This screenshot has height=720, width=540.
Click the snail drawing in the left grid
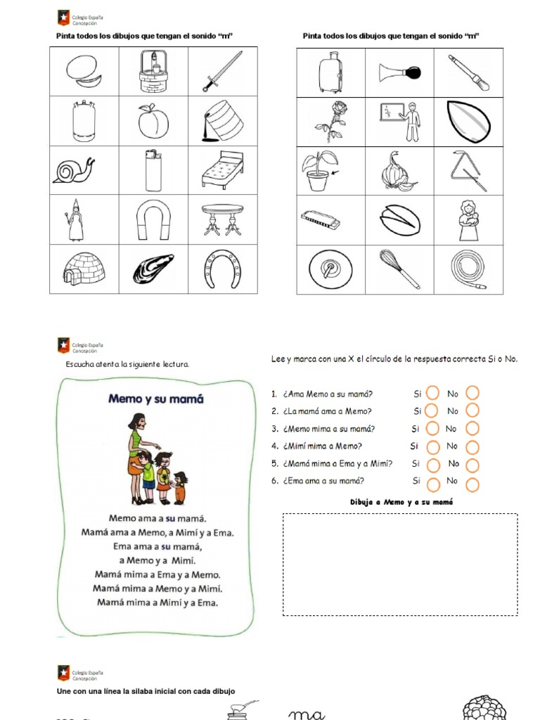point(73,170)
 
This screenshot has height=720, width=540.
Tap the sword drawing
point(222,71)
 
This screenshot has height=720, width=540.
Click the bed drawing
point(222,170)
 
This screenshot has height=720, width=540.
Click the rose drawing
point(330,122)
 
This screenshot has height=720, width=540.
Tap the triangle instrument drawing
point(468,171)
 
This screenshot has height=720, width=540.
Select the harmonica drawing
point(321,219)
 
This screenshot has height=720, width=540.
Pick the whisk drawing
point(399,269)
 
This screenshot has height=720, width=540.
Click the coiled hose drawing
point(468,269)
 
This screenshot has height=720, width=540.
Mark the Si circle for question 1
point(433,393)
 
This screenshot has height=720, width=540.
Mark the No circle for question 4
point(472,446)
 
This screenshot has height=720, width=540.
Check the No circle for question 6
point(472,484)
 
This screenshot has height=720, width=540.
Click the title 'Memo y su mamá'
point(155,399)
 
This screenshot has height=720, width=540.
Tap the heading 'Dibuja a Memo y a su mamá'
point(401,502)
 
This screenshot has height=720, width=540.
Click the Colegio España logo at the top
point(64,18)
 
